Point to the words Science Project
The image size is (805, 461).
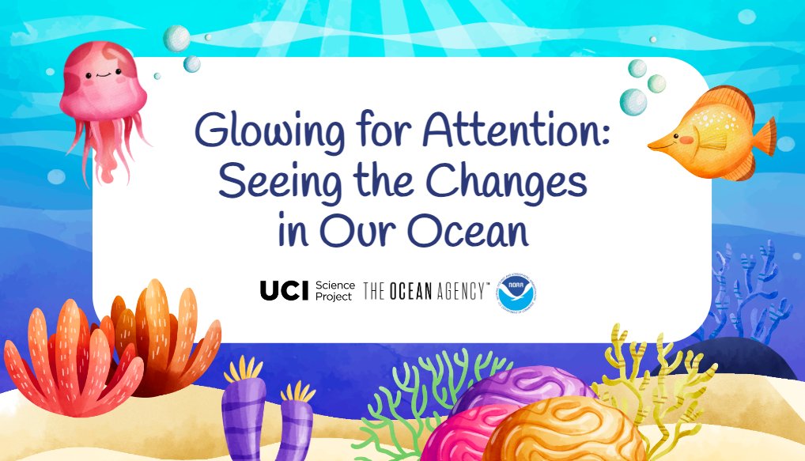[x=334, y=291]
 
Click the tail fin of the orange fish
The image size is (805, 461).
[x=763, y=138]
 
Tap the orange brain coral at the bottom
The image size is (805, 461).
[x=561, y=431]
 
